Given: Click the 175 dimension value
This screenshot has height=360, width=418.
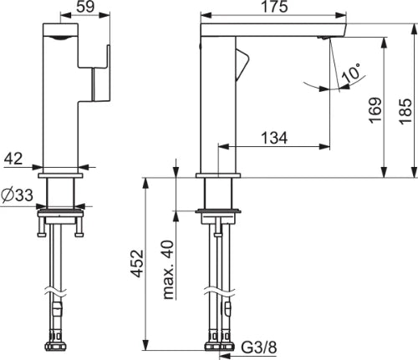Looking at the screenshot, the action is [x=274, y=7].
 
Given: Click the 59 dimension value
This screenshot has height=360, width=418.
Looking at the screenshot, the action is [x=85, y=6].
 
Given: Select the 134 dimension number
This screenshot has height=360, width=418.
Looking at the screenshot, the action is [x=274, y=138].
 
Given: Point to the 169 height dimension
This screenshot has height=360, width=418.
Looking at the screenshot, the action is [x=375, y=110].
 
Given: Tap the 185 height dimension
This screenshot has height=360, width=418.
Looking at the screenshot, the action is [x=405, y=111].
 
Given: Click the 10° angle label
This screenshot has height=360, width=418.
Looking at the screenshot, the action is [x=351, y=73].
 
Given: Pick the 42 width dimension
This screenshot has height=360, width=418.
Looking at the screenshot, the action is [x=13, y=159].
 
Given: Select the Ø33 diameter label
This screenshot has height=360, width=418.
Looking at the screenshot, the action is [x=17, y=195].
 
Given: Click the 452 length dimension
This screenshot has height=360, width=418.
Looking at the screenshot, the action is [x=137, y=264].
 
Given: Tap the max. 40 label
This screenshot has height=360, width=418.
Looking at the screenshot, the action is [x=168, y=270].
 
